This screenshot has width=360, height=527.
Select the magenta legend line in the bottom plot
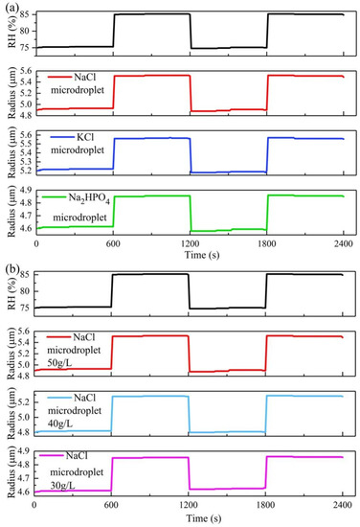54,455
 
